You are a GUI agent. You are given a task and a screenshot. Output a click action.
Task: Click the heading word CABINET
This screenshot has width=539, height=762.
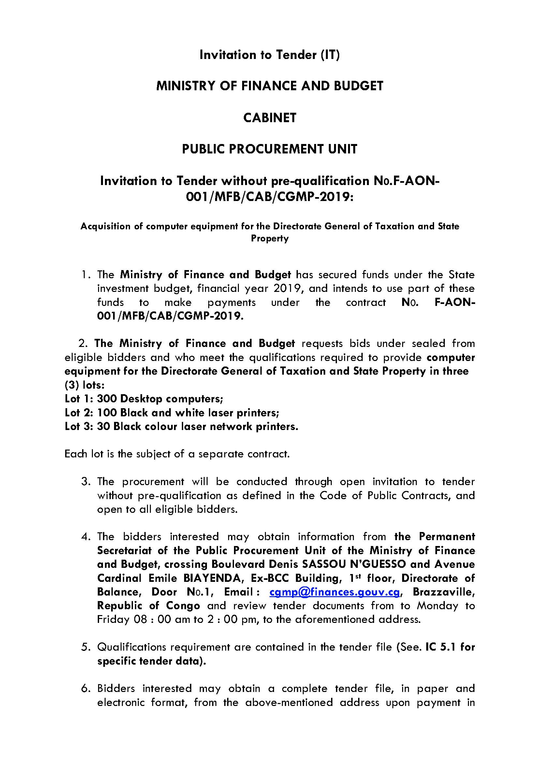pyautogui.click(x=269, y=118)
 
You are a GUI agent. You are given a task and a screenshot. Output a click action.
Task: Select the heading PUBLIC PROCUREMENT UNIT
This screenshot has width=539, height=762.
pyautogui.click(x=269, y=149)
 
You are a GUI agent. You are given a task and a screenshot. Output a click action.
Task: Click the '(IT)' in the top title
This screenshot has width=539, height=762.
pyautogui.click(x=330, y=55)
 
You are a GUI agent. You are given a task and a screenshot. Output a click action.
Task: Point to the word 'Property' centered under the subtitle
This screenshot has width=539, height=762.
pyautogui.click(x=269, y=238)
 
